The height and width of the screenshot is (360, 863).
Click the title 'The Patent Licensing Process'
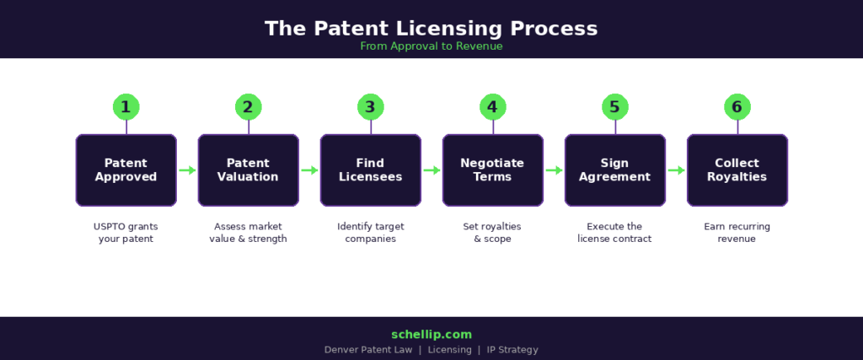pos(431,28)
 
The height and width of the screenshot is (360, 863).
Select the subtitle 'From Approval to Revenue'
pos(431,46)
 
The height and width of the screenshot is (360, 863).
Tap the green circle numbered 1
pos(126,107)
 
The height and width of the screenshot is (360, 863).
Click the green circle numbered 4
pos(493,107)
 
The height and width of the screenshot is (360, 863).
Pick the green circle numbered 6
pos(737,107)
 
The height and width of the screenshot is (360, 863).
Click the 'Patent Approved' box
pos(126,170)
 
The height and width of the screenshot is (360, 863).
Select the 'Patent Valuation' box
pos(249,170)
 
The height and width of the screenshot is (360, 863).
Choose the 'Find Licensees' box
pos(371,170)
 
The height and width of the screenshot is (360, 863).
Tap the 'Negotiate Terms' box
pos(493,170)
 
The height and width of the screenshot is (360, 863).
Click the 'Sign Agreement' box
pos(615,170)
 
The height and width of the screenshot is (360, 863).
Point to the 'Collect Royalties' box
pos(737,170)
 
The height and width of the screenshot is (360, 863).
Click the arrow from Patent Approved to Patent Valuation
pos(187,170)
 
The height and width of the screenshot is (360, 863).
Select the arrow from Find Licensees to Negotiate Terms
pos(431,170)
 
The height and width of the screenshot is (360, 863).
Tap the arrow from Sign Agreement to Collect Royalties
pos(676,170)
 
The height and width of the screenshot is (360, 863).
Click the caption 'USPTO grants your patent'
pos(126,233)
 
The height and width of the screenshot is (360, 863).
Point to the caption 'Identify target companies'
pos(371,233)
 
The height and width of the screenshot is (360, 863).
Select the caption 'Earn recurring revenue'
pos(737,233)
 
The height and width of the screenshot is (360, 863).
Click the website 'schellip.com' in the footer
pos(431,335)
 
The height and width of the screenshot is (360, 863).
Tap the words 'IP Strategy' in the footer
pos(512,350)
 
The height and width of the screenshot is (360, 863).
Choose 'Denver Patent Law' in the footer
pos(369,350)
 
